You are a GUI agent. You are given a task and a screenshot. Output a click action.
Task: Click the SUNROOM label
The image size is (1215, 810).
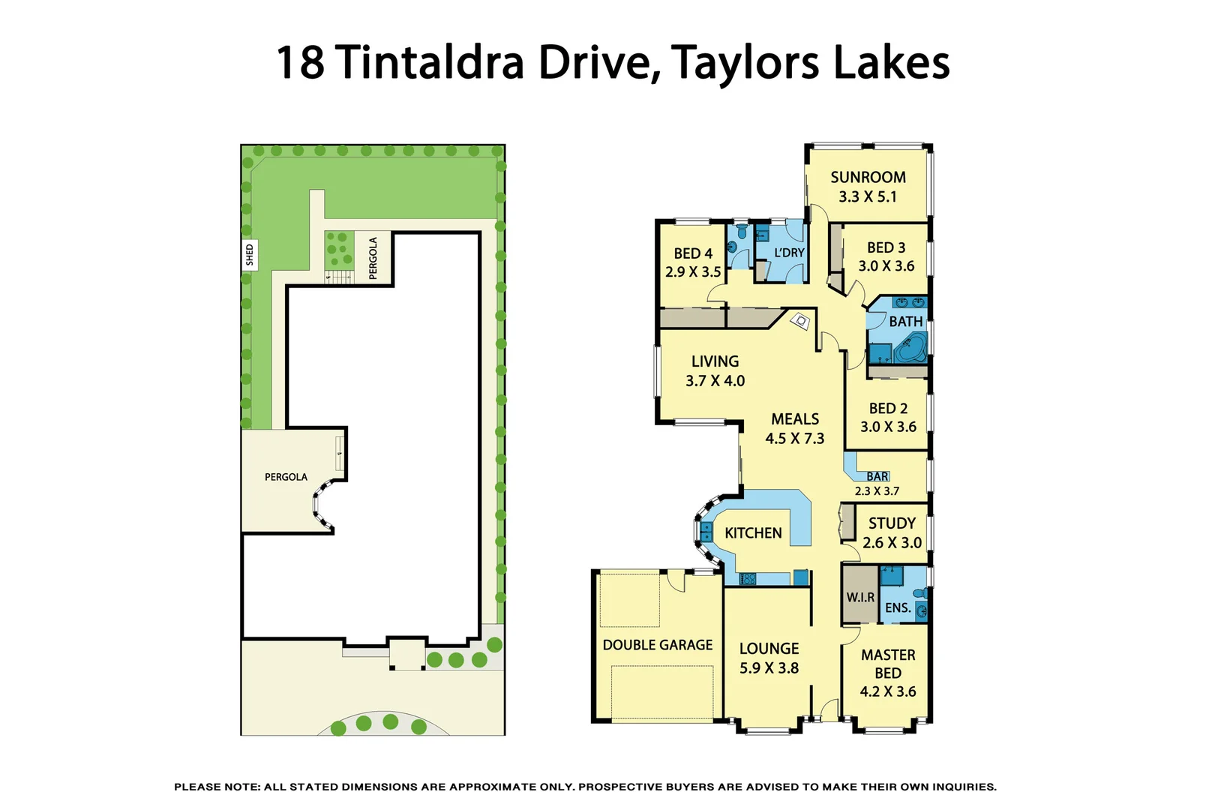[x=868, y=178]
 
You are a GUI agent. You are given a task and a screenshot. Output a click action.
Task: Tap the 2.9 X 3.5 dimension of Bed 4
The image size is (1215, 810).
[x=693, y=272]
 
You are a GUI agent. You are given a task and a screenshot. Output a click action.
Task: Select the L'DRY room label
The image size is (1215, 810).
[x=789, y=253]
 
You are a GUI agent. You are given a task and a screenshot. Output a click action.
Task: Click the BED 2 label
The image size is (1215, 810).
[x=888, y=409]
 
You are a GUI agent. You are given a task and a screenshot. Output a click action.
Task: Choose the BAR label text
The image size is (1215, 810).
[x=877, y=476]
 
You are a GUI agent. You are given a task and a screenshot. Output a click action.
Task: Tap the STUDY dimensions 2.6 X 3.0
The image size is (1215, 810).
[x=892, y=543]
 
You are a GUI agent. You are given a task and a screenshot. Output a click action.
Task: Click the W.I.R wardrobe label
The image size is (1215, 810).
[x=860, y=598]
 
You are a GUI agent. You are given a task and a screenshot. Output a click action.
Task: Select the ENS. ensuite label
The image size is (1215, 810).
[x=898, y=608]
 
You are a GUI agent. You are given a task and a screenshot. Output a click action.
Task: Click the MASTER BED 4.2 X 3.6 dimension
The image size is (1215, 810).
[x=888, y=691]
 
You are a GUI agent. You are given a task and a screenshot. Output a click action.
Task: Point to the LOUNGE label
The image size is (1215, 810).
[x=769, y=649]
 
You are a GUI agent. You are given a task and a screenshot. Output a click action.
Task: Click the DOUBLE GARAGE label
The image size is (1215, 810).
[x=658, y=645]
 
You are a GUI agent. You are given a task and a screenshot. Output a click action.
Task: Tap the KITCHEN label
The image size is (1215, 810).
[x=753, y=533]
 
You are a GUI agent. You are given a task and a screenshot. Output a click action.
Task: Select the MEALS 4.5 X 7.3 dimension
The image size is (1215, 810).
[x=794, y=439]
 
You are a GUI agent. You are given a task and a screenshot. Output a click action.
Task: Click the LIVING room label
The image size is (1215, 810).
[x=715, y=361]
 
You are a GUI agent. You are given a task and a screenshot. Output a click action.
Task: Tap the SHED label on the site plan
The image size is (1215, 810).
[x=250, y=255]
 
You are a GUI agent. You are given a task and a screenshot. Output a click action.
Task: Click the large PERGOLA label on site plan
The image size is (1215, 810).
[x=286, y=477]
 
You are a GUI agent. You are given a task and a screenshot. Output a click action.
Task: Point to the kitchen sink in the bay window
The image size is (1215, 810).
[x=706, y=532]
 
